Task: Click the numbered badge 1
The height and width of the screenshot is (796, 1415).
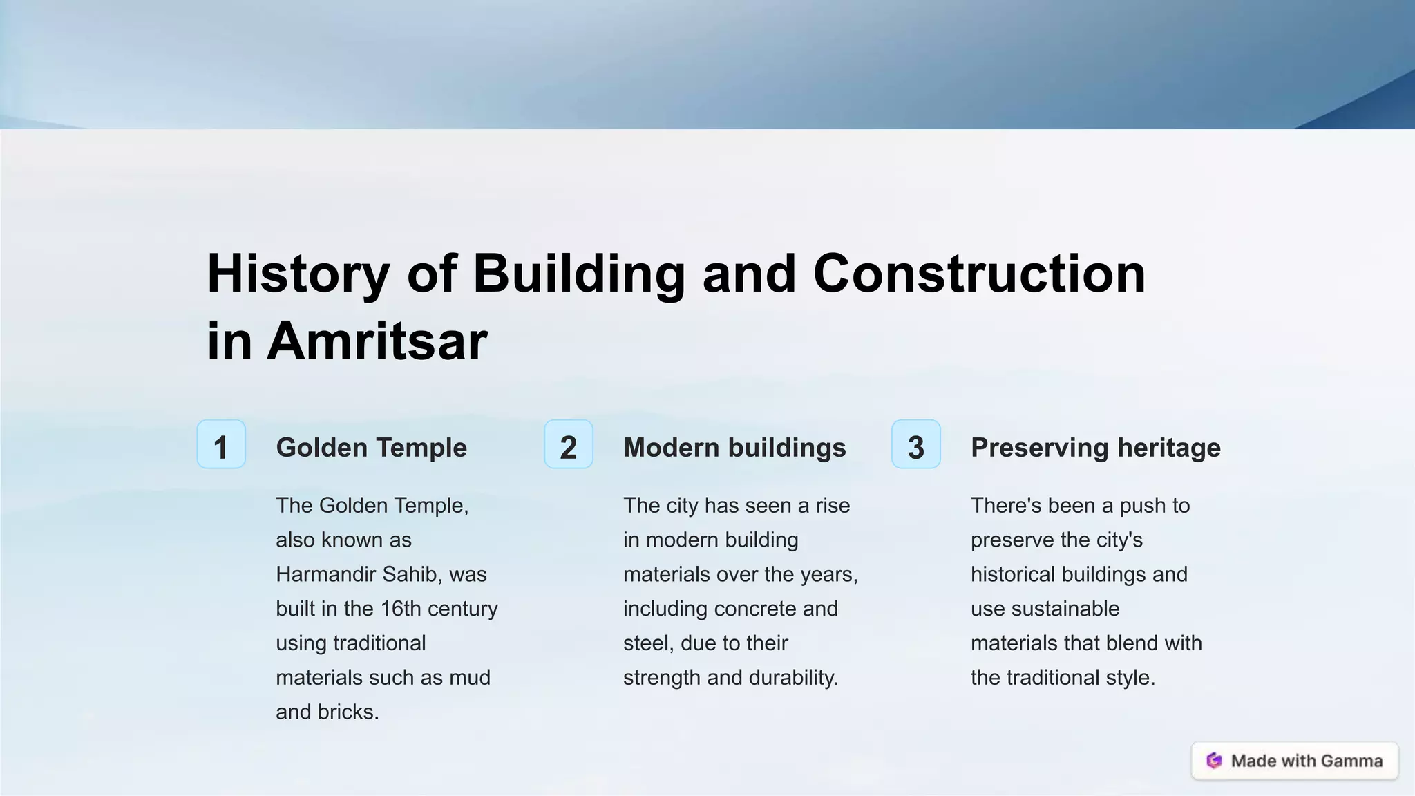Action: (221, 444)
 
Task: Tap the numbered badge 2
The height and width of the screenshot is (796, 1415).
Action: (568, 444)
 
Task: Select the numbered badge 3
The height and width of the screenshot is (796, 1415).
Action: (915, 444)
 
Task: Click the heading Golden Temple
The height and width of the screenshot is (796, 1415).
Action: (371, 448)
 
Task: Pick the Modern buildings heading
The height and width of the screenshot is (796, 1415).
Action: (734, 448)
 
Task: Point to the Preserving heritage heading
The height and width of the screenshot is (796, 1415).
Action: (1095, 448)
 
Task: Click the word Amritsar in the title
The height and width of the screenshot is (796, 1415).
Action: (377, 341)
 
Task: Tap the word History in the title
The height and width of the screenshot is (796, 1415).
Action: (298, 274)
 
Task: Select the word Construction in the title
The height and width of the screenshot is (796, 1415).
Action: (979, 274)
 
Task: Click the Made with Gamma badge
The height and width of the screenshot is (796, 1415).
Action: (1295, 761)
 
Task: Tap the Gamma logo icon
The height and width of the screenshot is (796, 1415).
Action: (1214, 761)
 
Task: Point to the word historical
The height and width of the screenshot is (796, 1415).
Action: (1012, 574)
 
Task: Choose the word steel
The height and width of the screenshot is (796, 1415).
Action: (647, 643)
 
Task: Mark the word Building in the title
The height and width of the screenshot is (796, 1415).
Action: (579, 274)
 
